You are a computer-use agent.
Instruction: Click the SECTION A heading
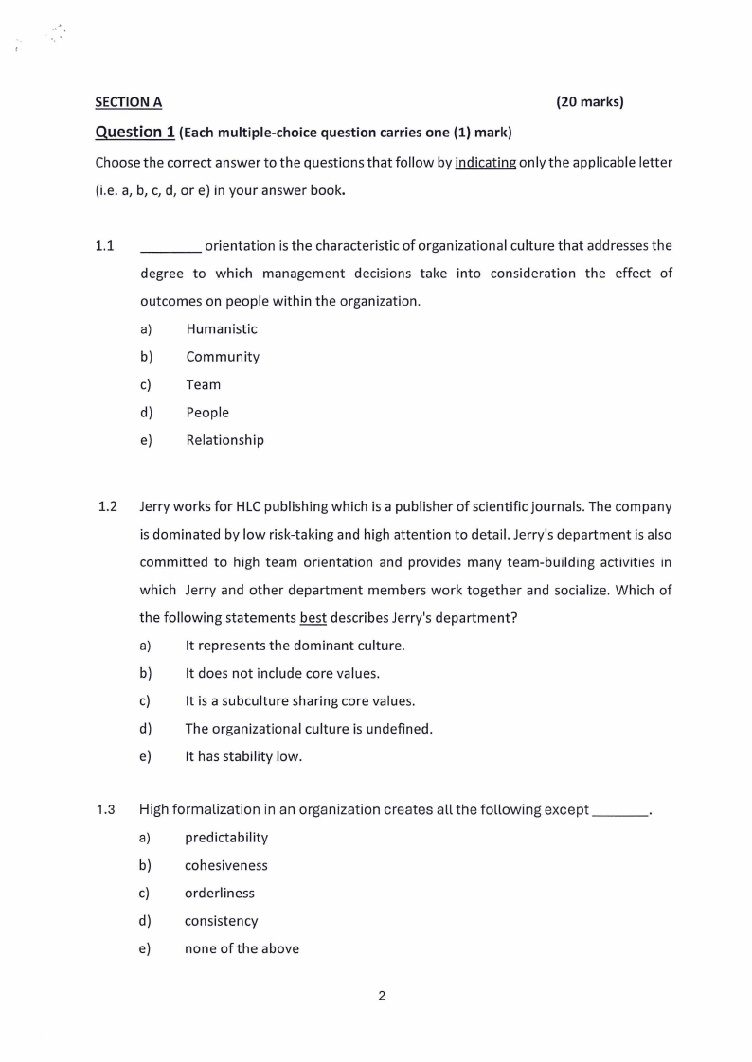[x=129, y=102]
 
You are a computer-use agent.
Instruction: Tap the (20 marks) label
[x=589, y=101]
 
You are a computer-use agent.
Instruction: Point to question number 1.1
[x=105, y=246]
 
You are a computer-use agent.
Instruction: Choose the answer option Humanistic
[x=222, y=329]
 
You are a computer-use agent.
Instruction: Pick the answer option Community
[x=223, y=357]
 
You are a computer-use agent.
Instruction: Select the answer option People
[x=207, y=413]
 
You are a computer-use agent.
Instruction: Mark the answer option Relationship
[x=224, y=440]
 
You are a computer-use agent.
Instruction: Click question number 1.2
[x=107, y=507]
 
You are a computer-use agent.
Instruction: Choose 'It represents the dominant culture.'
[x=295, y=646]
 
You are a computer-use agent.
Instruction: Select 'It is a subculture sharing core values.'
[x=299, y=701]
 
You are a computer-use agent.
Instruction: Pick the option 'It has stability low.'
[x=243, y=756]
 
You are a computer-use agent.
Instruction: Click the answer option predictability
[x=226, y=838]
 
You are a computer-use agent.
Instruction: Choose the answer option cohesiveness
[x=226, y=865]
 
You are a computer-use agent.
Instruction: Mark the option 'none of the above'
[x=242, y=948]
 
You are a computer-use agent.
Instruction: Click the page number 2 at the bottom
[x=382, y=995]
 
